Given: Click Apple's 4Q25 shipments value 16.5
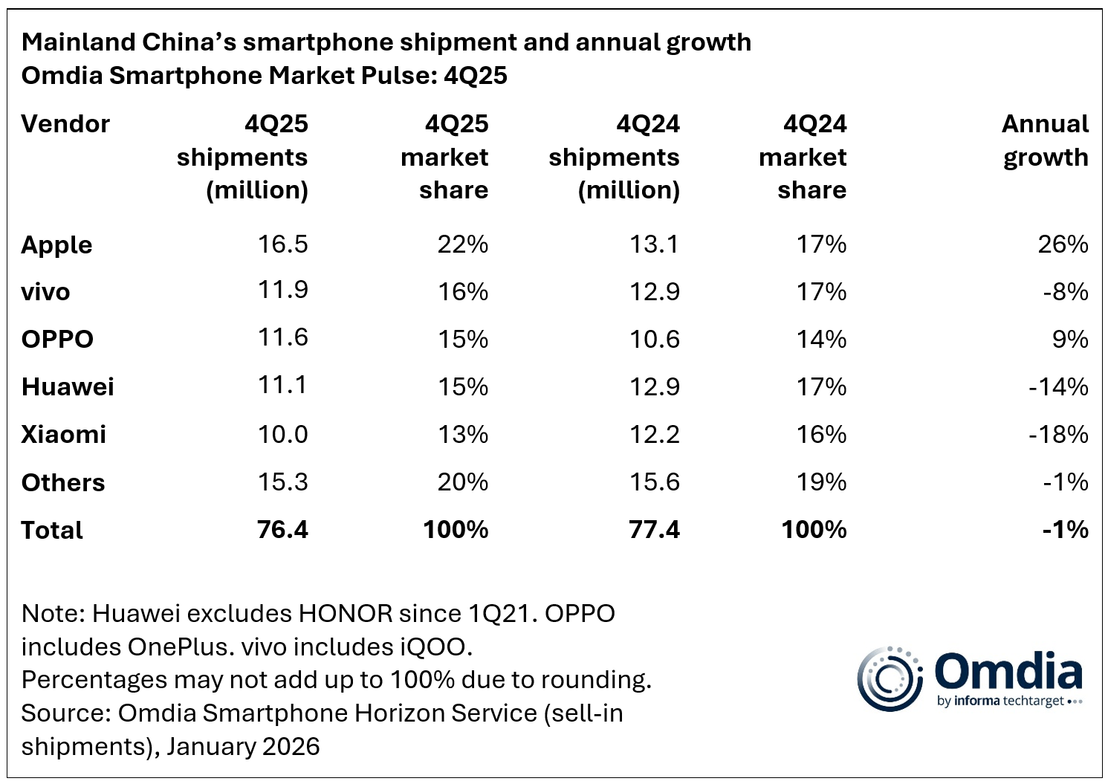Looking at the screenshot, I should point(282,244).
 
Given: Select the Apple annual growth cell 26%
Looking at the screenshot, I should point(1063,244).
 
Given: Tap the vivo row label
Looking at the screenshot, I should point(45,292).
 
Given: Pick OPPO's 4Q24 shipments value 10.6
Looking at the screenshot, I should point(654,340).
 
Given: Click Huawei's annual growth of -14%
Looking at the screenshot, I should point(1058,387).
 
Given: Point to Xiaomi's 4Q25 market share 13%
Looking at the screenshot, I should point(462,435).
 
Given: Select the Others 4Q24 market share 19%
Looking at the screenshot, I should point(821,482).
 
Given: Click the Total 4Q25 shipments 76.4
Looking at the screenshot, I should point(282,530).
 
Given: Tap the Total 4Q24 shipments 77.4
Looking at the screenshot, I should point(654,530).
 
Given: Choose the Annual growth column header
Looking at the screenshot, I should point(1045,140).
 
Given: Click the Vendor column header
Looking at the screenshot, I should point(65,124).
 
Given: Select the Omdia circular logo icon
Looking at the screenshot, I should point(890,678).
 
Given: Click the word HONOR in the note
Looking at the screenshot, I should point(345,614).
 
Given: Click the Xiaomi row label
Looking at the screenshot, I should point(64,435).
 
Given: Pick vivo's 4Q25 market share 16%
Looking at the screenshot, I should point(462,292).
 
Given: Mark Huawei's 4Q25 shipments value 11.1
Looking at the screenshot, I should point(282,386).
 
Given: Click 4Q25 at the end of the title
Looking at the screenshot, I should point(476,76).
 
